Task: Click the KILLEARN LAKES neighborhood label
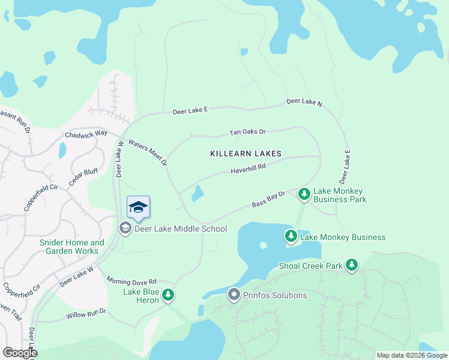[x=246, y=154]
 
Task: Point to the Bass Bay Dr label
[x=268, y=200]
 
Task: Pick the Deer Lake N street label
[x=304, y=103]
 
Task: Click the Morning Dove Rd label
[x=131, y=280]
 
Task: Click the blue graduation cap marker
[x=139, y=207]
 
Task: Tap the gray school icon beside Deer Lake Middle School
[x=125, y=228]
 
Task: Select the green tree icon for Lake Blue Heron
[x=169, y=295]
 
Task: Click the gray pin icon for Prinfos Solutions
[x=234, y=295]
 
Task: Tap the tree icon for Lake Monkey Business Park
[x=304, y=194]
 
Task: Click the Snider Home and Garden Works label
[x=71, y=247]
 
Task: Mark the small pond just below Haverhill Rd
[x=197, y=194]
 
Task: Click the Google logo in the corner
[x=20, y=353]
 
